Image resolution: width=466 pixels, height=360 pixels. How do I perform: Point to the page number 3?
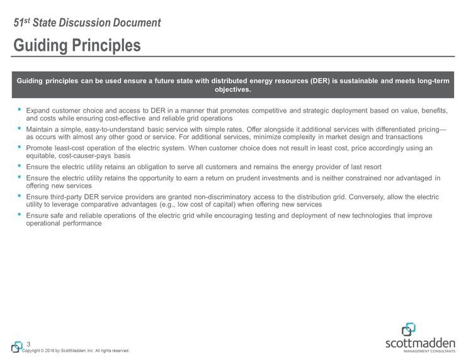click(29, 344)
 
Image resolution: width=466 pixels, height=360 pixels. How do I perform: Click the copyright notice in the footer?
click(76, 351)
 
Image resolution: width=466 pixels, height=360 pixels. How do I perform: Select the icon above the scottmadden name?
click(409, 329)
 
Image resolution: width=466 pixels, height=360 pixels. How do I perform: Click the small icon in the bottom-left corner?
click(17, 347)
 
